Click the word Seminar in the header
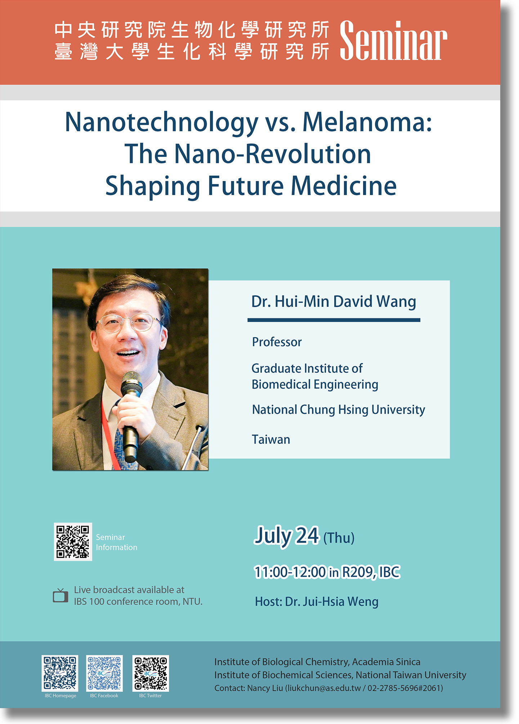click(x=393, y=40)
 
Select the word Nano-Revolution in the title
click(x=273, y=154)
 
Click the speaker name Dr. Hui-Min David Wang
click(x=334, y=301)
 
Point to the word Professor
click(x=277, y=342)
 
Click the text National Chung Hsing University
click(x=339, y=410)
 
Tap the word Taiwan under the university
click(x=271, y=440)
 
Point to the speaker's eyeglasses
click(x=129, y=323)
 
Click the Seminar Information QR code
click(x=73, y=542)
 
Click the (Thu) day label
click(x=339, y=538)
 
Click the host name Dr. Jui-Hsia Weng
click(x=332, y=602)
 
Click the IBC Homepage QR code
click(x=60, y=673)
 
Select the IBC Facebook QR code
click(x=104, y=673)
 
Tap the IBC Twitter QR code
click(x=151, y=673)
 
